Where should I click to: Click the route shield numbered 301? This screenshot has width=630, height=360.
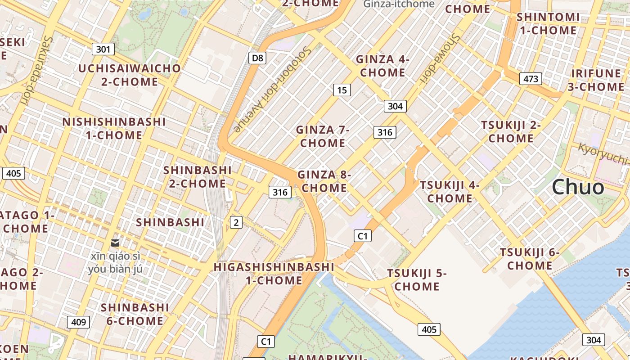103,49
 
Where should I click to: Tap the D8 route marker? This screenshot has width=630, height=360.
257,58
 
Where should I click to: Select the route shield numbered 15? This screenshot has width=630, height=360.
342,90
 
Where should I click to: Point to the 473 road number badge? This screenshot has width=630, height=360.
531,79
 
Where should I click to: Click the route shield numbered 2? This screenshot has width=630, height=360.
236,222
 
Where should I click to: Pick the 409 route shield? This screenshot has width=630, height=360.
78,322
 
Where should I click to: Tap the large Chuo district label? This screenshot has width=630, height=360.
578,187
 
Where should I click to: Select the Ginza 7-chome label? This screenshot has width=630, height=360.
323,136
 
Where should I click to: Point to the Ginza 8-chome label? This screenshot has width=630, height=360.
324,181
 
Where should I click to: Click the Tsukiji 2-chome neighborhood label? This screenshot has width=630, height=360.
511,131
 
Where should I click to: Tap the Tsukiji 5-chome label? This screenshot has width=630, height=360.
417,279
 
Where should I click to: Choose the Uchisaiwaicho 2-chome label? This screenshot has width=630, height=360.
130,75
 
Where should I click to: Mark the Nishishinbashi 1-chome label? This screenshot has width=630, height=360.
114,128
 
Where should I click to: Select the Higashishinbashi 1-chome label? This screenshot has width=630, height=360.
274,273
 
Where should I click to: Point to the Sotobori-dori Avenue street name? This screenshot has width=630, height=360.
272,89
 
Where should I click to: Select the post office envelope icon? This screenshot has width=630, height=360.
115,243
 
